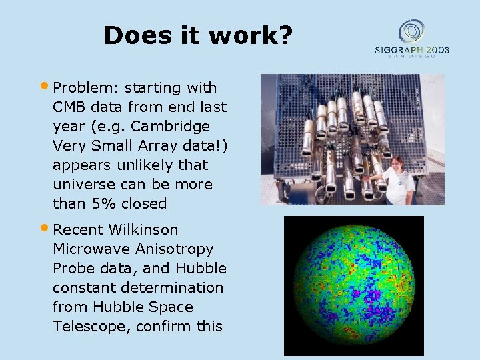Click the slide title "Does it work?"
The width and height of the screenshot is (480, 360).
point(198,35)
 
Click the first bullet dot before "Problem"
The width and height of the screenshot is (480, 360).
point(45,86)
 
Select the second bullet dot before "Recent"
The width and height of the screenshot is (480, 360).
point(45,228)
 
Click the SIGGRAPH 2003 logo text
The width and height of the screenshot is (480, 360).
point(411,49)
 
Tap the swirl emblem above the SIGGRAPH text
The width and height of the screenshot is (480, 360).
point(411,31)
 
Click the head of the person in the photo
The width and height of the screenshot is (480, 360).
point(397,164)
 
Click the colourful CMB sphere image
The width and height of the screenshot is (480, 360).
point(353,285)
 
